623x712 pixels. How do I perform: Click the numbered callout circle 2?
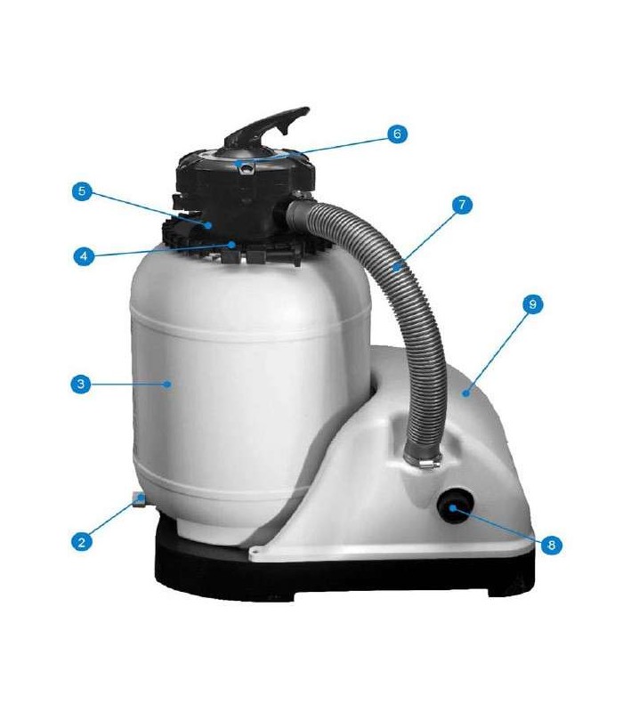[82, 541]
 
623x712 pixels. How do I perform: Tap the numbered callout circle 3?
[81, 384]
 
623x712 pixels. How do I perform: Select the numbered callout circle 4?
[84, 256]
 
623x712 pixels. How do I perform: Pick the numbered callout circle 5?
[82, 191]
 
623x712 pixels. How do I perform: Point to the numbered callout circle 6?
[397, 133]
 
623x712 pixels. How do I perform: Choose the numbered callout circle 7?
[462, 205]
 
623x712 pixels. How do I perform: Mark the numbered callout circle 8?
[551, 544]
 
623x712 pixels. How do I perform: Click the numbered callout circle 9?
[532, 304]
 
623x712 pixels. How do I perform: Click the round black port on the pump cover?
[455, 505]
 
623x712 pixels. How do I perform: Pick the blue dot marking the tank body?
[167, 384]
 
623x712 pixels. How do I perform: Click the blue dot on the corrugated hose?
[396, 268]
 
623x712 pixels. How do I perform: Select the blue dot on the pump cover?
[465, 393]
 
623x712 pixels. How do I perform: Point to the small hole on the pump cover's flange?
[255, 551]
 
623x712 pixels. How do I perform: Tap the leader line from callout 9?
[498, 351]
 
